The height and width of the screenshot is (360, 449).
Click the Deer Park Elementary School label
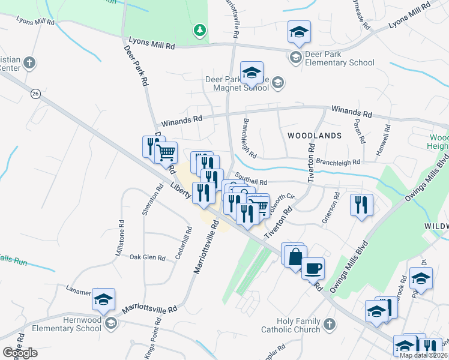(x=340, y=58)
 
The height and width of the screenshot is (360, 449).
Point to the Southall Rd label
(x=251, y=179)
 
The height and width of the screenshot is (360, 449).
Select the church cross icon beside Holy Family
(x=328, y=325)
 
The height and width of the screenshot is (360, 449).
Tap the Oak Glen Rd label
(x=148, y=257)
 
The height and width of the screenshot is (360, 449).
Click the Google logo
(x=20, y=353)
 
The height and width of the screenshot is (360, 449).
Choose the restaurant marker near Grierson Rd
(x=362, y=205)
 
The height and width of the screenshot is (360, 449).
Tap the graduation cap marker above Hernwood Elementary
(x=104, y=299)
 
